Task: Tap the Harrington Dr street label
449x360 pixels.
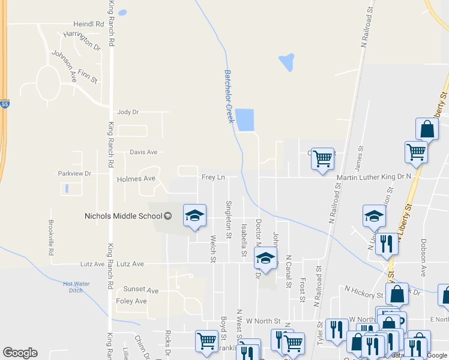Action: tap(82, 40)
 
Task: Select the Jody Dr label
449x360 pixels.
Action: tap(128, 112)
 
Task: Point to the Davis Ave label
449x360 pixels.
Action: tap(143, 152)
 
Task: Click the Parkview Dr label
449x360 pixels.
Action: tap(74, 173)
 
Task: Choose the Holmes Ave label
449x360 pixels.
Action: tap(136, 179)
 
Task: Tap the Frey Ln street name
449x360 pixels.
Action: tap(213, 177)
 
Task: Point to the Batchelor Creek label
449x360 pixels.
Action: tap(229, 96)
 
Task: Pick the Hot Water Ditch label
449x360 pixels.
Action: tap(76, 287)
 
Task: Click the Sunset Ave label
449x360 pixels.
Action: tap(140, 290)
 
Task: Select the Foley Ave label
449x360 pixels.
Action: tap(131, 301)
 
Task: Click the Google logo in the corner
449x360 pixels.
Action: tap(20, 353)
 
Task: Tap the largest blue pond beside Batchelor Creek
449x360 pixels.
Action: tap(244, 120)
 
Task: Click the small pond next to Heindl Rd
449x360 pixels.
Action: tap(122, 12)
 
